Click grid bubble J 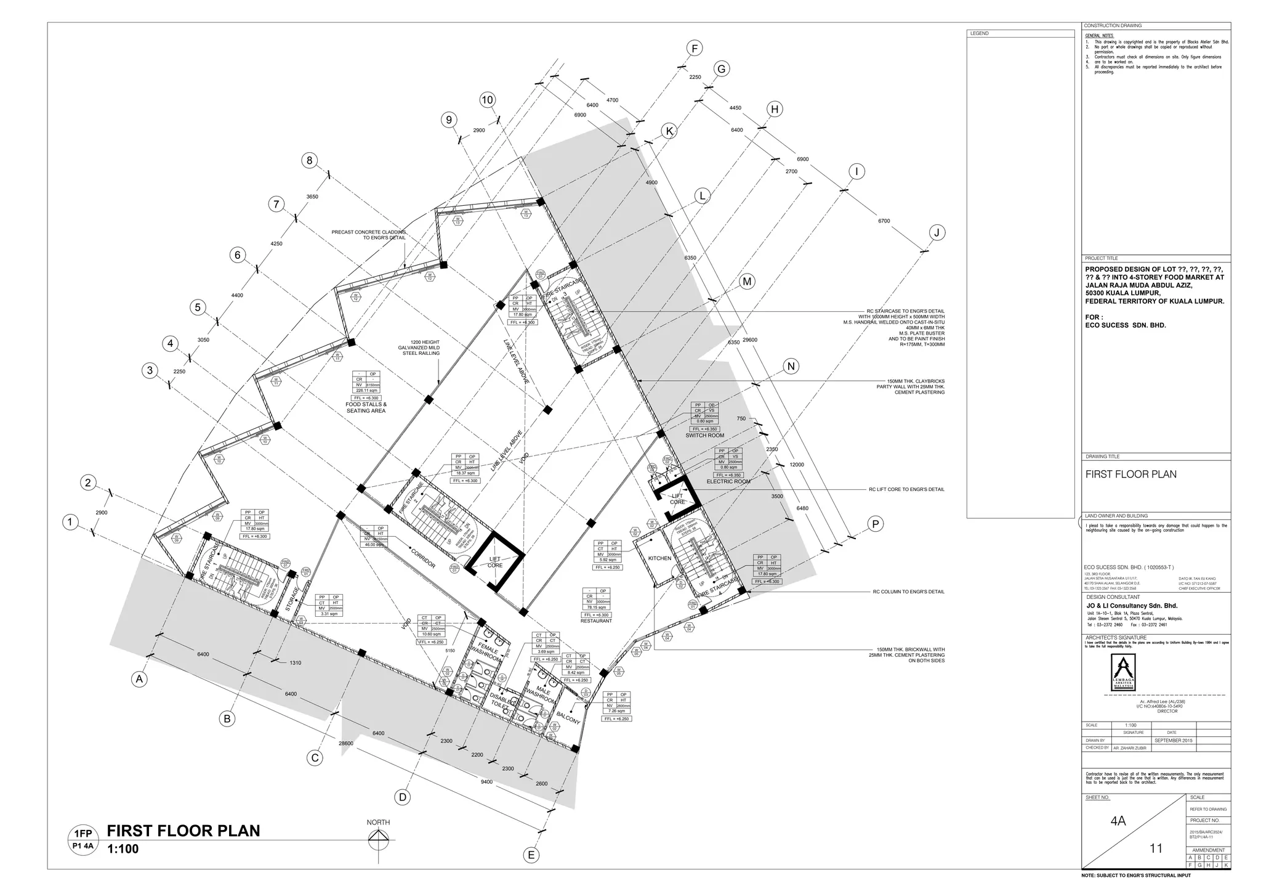pos(937,232)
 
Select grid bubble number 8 pos(310,161)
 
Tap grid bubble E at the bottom pos(531,855)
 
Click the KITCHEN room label pos(659,558)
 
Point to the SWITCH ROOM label pos(704,435)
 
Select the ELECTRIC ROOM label pos(728,481)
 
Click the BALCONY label pos(568,718)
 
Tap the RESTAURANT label pos(596,620)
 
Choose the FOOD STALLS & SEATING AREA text pos(366,407)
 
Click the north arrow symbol pos(378,839)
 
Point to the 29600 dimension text pos(749,340)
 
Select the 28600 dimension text pos(346,744)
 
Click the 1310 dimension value pos(295,663)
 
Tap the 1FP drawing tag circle pos(83,839)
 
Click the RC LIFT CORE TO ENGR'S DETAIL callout pos(906,489)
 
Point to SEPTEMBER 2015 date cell pos(1174,740)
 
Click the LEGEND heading pos(979,33)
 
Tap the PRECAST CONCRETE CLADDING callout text pos(368,235)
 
